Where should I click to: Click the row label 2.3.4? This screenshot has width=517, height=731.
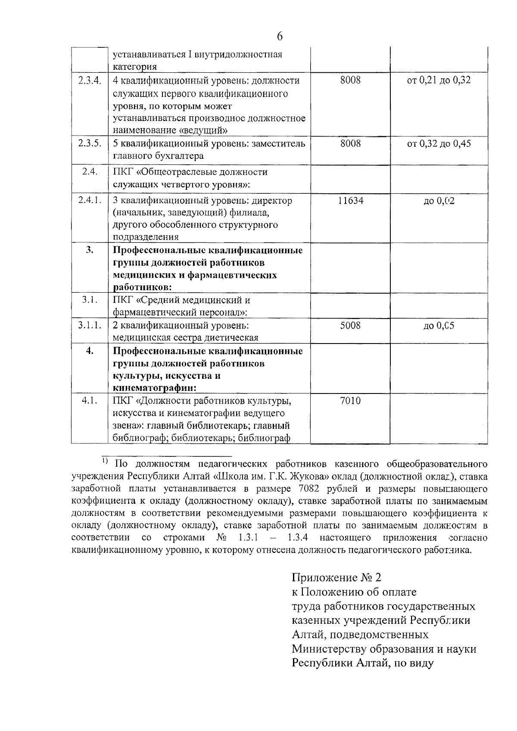[90, 81]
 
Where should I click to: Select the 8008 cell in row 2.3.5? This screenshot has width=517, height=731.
[350, 143]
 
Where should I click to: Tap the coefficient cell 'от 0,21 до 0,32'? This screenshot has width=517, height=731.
[439, 81]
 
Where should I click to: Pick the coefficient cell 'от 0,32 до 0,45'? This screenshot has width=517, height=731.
[439, 143]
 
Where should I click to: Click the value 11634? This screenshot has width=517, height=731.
[350, 201]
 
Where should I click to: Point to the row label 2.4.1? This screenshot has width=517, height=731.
[90, 201]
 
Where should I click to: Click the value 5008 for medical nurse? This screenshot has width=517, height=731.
[350, 325]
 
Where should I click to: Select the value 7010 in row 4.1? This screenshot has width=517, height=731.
[350, 401]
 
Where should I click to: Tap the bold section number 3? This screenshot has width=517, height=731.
[90, 250]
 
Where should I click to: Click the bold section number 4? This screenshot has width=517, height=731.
[90, 351]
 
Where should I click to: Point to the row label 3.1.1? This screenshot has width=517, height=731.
[90, 325]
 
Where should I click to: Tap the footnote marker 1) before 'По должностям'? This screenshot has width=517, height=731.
[105, 462]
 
